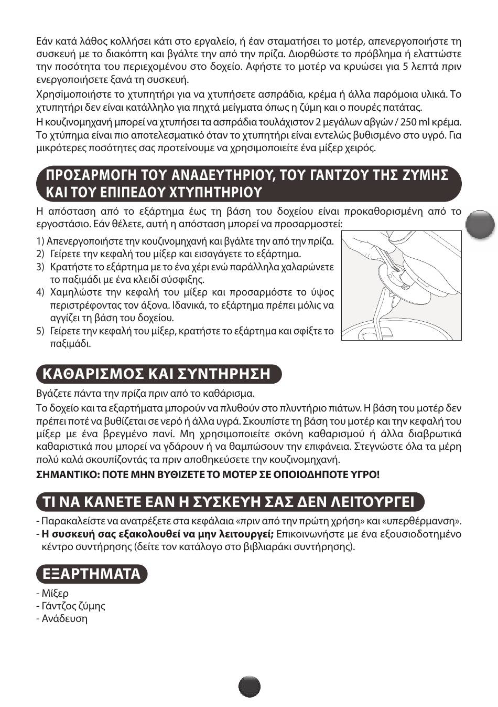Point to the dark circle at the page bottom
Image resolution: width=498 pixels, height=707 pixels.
250,687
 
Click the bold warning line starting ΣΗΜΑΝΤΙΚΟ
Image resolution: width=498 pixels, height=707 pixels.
208,474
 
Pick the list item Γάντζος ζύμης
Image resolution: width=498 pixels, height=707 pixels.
71,606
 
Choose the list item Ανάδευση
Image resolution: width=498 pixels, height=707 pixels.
62,618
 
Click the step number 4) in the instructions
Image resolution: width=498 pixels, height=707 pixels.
40,292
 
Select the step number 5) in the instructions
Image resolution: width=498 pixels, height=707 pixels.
40,331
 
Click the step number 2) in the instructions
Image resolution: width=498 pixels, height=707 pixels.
40,254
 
